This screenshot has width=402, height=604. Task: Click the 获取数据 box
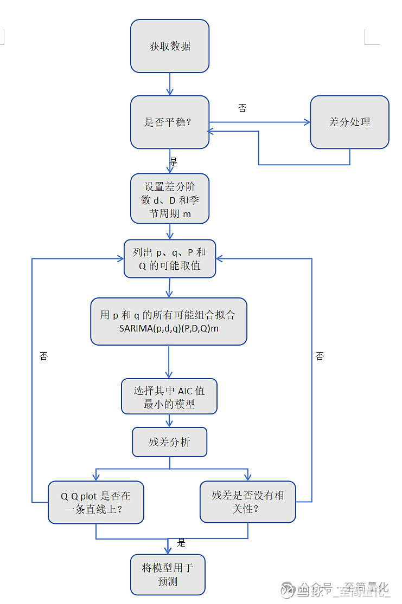point(170,46)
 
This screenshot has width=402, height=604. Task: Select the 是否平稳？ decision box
point(170,122)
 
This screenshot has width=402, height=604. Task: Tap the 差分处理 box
point(349,122)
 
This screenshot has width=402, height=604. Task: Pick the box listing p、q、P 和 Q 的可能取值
point(170,259)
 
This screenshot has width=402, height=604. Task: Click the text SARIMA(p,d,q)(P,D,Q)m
point(169,329)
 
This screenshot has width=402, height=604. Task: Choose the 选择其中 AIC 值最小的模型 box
point(169,397)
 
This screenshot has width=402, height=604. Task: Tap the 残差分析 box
point(170,442)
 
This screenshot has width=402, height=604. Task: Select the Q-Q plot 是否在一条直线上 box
point(96,502)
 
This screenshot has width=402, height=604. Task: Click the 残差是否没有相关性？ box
point(248,502)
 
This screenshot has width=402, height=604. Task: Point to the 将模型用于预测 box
point(168,574)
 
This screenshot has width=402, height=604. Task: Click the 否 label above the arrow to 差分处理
point(242,108)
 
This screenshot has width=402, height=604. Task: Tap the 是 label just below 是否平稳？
point(174,162)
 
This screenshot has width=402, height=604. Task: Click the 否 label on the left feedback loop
point(43,356)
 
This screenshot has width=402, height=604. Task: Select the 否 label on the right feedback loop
point(320,356)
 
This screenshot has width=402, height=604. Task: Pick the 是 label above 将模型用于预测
point(181,543)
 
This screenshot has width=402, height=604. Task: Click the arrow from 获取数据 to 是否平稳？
point(170,84)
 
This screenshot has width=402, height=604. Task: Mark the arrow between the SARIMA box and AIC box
point(169,361)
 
